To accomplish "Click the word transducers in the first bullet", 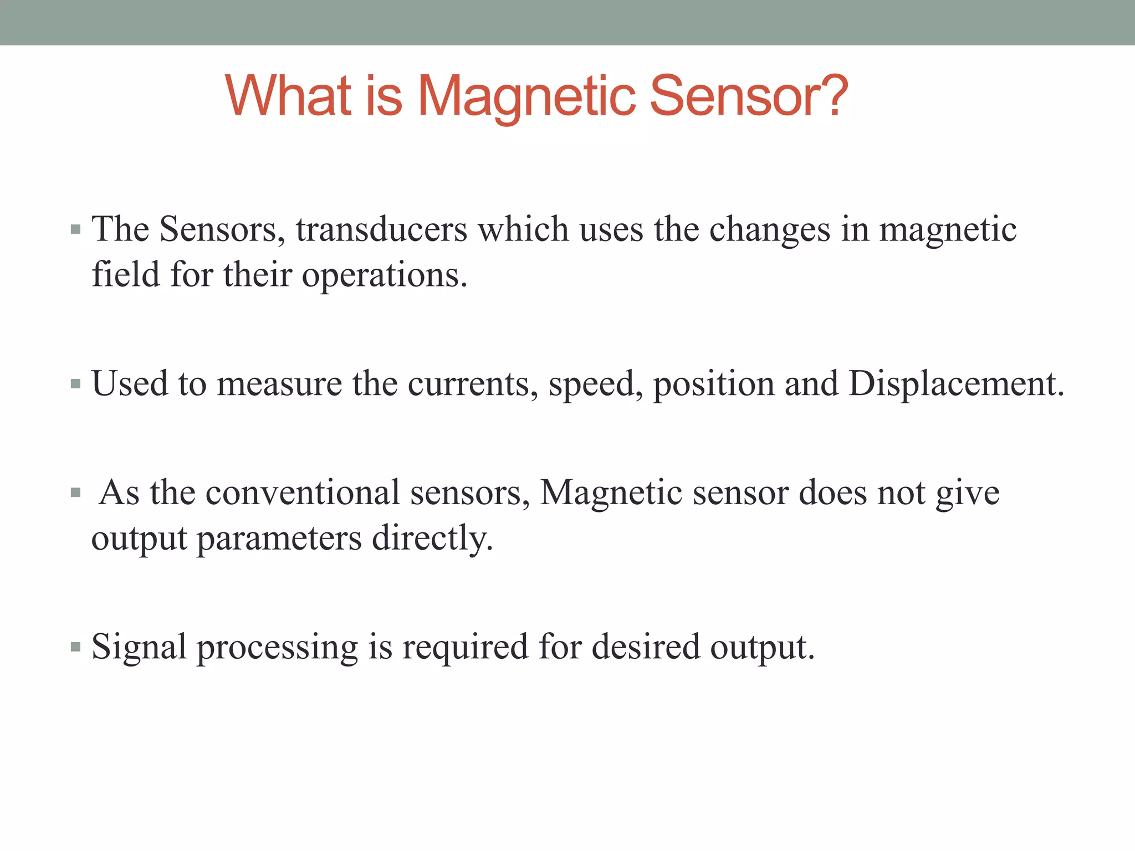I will coord(381,229).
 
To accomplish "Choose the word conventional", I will coord(303,493).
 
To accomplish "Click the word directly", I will coord(432,539).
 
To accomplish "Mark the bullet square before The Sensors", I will coord(76,229).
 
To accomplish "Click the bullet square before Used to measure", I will coord(76,383).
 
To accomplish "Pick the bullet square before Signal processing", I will coord(76,646).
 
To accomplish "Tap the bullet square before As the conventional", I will coord(76,492).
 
